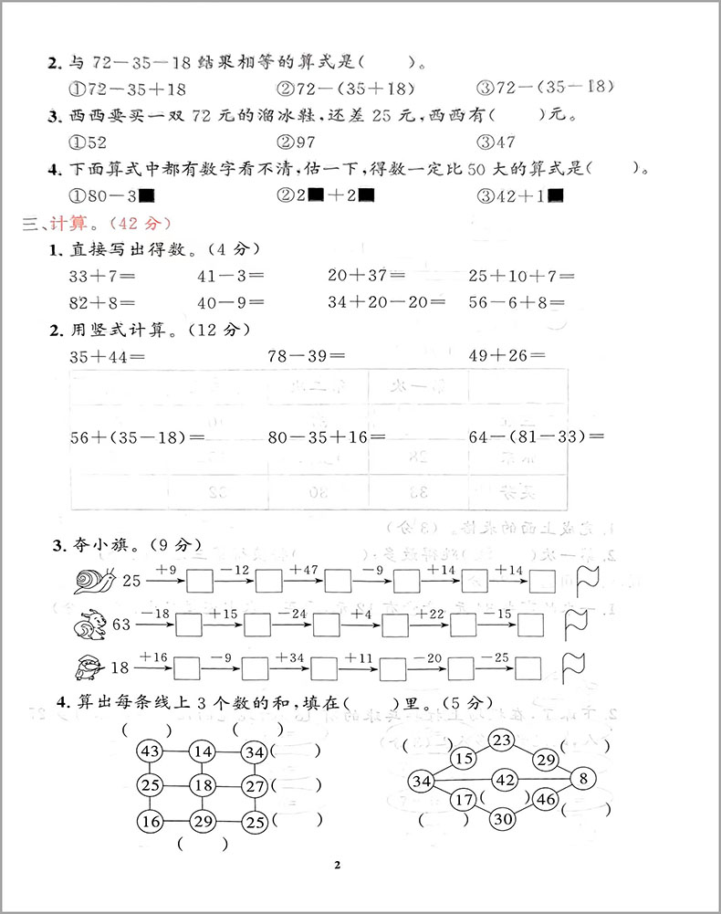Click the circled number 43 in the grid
click(x=150, y=751)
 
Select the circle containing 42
click(x=506, y=779)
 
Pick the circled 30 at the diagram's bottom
click(x=501, y=819)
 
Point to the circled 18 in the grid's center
click(x=203, y=785)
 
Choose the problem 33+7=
click(x=101, y=276)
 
